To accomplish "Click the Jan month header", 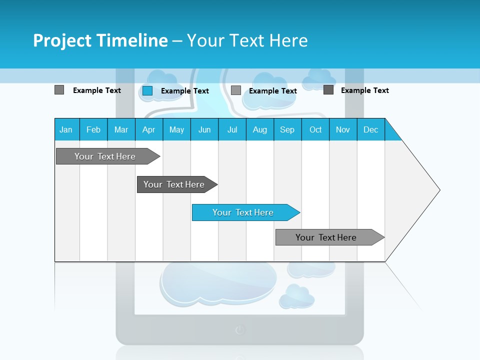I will point(66,129).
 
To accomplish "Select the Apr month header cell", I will point(148,129).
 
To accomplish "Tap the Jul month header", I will point(232,129).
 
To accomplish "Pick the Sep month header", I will point(287,129).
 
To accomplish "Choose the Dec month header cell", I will point(370,129).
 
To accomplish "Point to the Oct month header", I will point(315,129).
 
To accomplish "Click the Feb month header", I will point(93,129).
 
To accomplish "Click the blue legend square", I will point(147,90).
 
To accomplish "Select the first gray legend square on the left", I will point(59,90).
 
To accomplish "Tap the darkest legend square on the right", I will point(328,90).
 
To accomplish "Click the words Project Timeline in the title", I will point(100,40).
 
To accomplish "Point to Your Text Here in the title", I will point(247,40).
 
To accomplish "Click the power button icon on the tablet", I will point(240,329).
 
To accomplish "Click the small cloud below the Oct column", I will point(311,269).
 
